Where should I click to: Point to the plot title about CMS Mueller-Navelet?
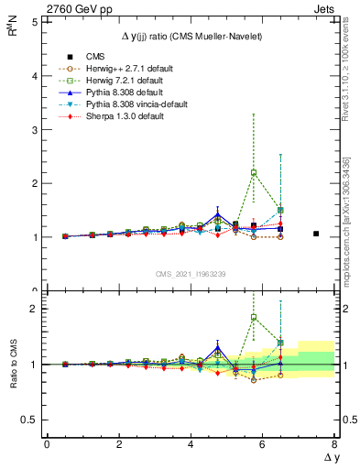click(191, 35)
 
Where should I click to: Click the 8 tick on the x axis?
click(334, 444)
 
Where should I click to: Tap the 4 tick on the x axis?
click(191, 444)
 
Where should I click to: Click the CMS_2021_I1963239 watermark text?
click(191, 274)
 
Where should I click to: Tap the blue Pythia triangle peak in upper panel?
click(218, 216)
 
